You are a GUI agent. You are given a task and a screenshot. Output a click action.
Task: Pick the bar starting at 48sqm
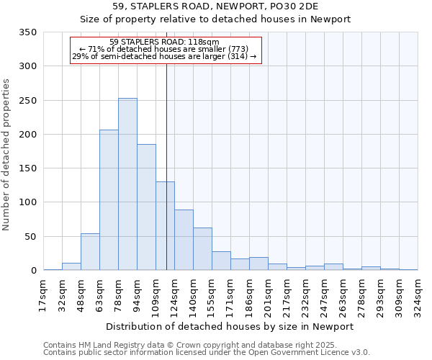[90, 252]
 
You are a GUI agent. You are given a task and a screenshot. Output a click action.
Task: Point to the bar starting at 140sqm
[202, 249]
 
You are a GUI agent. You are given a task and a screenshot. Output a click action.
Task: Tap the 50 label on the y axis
[30, 237]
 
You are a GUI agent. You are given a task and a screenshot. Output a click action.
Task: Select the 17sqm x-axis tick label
[44, 294]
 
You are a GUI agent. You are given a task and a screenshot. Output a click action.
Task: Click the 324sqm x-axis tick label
[418, 294]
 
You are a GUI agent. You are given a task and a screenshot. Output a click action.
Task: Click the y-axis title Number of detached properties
[7, 155]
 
